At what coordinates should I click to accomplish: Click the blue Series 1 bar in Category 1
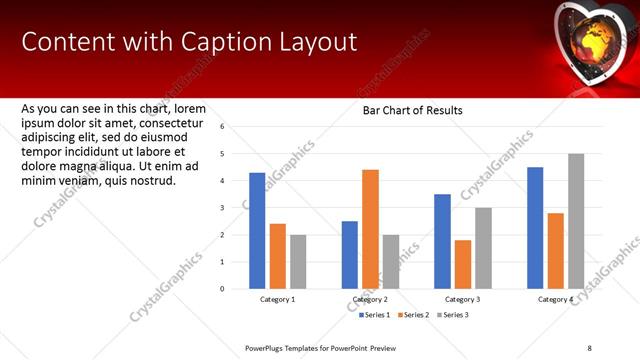pyautogui.click(x=257, y=231)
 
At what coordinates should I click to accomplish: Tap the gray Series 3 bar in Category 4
pyautogui.click(x=576, y=221)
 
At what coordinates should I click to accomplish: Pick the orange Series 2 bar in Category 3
pyautogui.click(x=463, y=264)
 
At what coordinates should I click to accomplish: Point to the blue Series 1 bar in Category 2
pyautogui.click(x=350, y=255)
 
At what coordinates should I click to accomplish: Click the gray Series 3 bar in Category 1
pyautogui.click(x=298, y=261)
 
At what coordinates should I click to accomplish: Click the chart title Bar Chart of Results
pyautogui.click(x=412, y=111)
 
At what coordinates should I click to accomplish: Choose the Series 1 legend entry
pyautogui.click(x=375, y=315)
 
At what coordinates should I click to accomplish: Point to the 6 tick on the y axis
pyautogui.click(x=223, y=127)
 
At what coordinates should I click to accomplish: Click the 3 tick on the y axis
pyautogui.click(x=223, y=208)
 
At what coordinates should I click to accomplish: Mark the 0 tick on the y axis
pyautogui.click(x=223, y=289)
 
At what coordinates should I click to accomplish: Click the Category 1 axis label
pyautogui.click(x=278, y=299)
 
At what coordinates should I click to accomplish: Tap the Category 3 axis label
pyautogui.click(x=463, y=299)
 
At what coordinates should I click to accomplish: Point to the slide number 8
pyautogui.click(x=590, y=348)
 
